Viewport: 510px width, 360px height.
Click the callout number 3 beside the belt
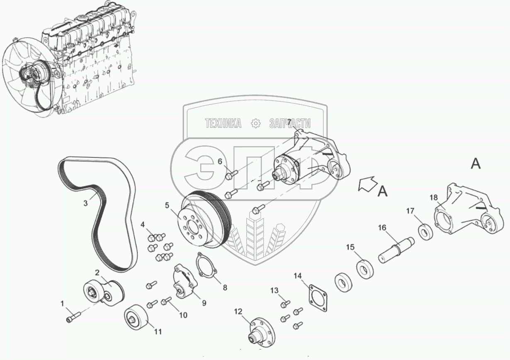[85, 203]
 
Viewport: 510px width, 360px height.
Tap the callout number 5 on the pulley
[167, 204]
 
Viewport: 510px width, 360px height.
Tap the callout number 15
[350, 248]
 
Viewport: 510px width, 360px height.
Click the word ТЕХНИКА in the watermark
[223, 123]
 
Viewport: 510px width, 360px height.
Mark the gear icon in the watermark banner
[255, 123]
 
